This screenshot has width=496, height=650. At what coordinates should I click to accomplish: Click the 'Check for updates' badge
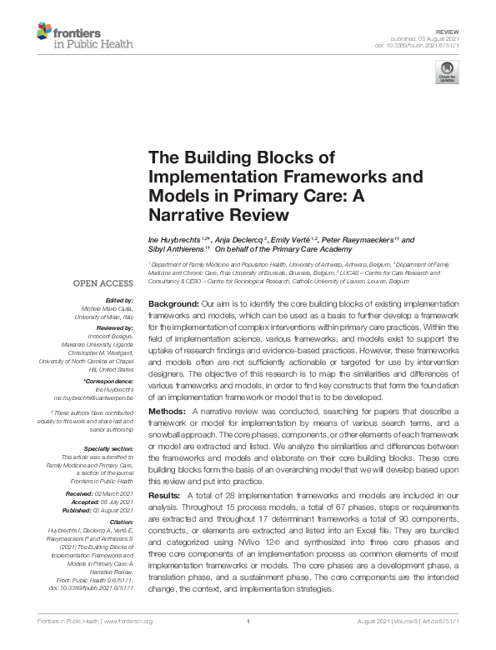[x=449, y=72]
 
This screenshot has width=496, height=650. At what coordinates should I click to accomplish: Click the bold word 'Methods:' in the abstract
[x=167, y=412]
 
